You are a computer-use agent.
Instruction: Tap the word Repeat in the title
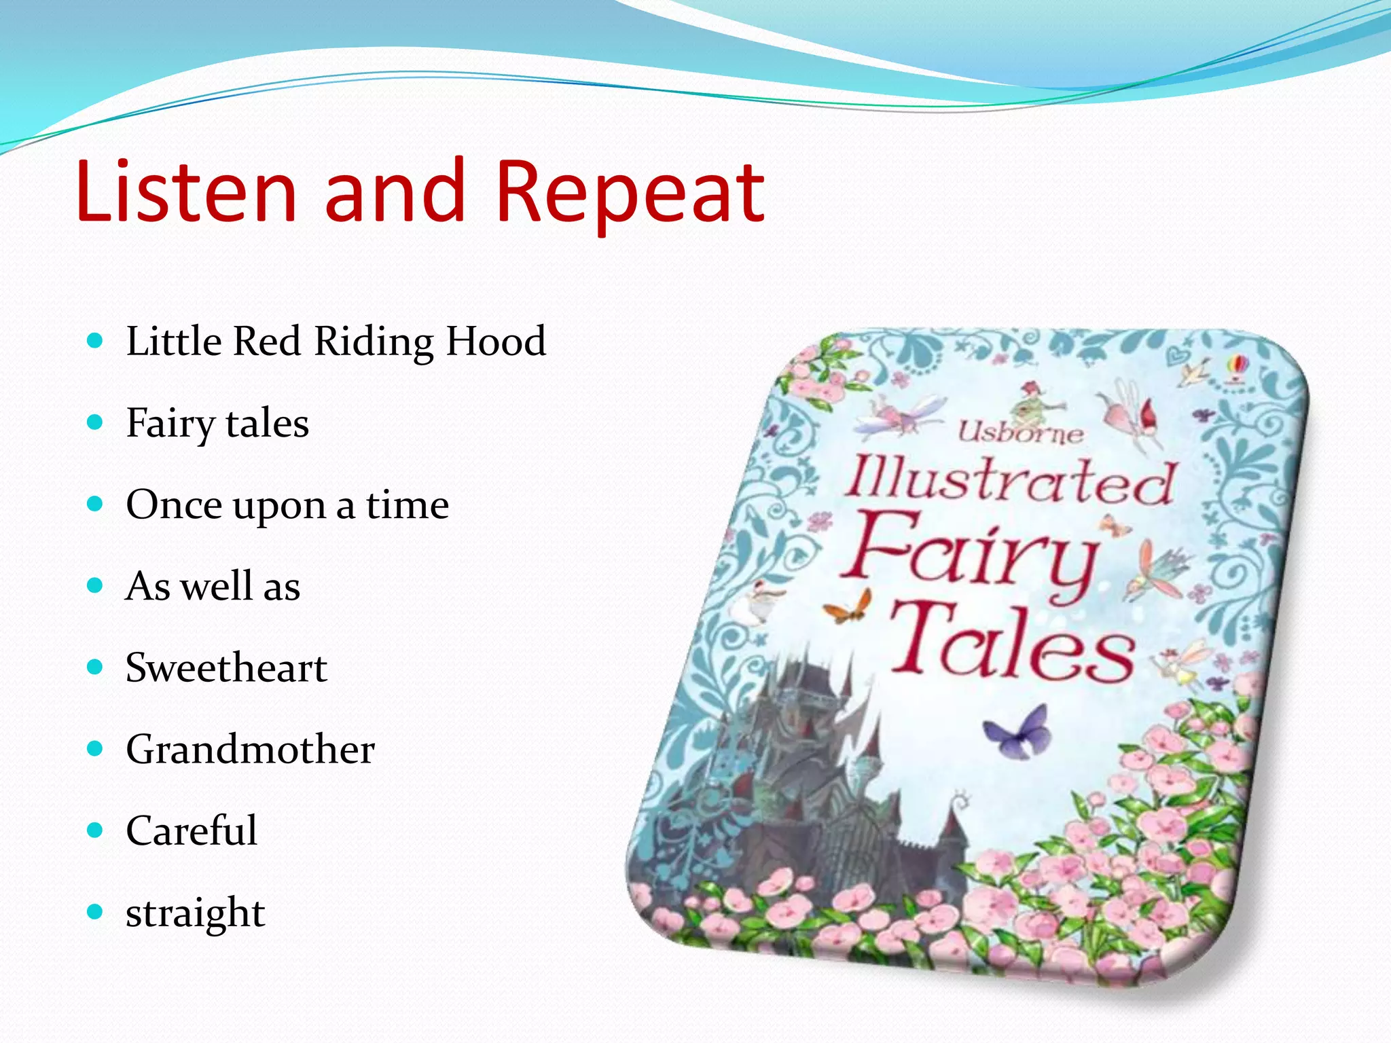click(x=630, y=194)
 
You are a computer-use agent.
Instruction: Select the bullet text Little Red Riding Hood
click(x=336, y=341)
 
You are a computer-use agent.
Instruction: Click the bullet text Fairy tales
click(x=217, y=424)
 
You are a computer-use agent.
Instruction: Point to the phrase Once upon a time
click(x=287, y=505)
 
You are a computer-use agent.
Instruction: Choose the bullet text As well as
click(x=213, y=586)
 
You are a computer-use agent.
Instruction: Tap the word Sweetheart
click(x=226, y=667)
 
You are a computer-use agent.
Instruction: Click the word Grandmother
click(x=250, y=750)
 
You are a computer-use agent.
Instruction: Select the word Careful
click(x=192, y=830)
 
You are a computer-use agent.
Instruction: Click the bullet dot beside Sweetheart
click(x=95, y=667)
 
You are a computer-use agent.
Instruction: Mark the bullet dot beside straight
click(x=95, y=911)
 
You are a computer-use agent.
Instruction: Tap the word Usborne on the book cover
click(x=1020, y=433)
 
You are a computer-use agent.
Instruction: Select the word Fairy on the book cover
click(x=971, y=553)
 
